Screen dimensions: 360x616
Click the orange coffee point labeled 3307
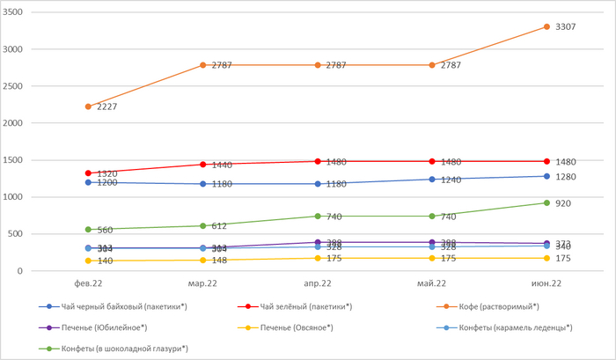click(546, 26)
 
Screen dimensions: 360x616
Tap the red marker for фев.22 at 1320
click(88, 173)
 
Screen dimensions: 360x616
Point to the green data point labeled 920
click(546, 203)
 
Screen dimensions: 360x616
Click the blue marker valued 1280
click(546, 177)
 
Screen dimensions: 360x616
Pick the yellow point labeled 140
click(88, 261)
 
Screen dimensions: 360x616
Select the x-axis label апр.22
click(317, 283)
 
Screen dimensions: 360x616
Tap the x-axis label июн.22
click(546, 283)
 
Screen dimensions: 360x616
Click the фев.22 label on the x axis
click(88, 283)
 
